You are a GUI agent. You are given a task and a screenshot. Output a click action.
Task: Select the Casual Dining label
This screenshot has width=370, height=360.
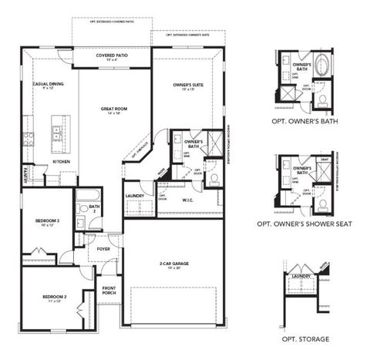[48, 86]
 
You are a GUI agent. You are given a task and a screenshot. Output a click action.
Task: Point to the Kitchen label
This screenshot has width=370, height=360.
[62, 162]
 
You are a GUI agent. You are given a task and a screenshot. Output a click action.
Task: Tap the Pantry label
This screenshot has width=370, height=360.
[26, 175]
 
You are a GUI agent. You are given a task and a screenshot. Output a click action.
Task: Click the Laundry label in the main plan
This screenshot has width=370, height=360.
[135, 196]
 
